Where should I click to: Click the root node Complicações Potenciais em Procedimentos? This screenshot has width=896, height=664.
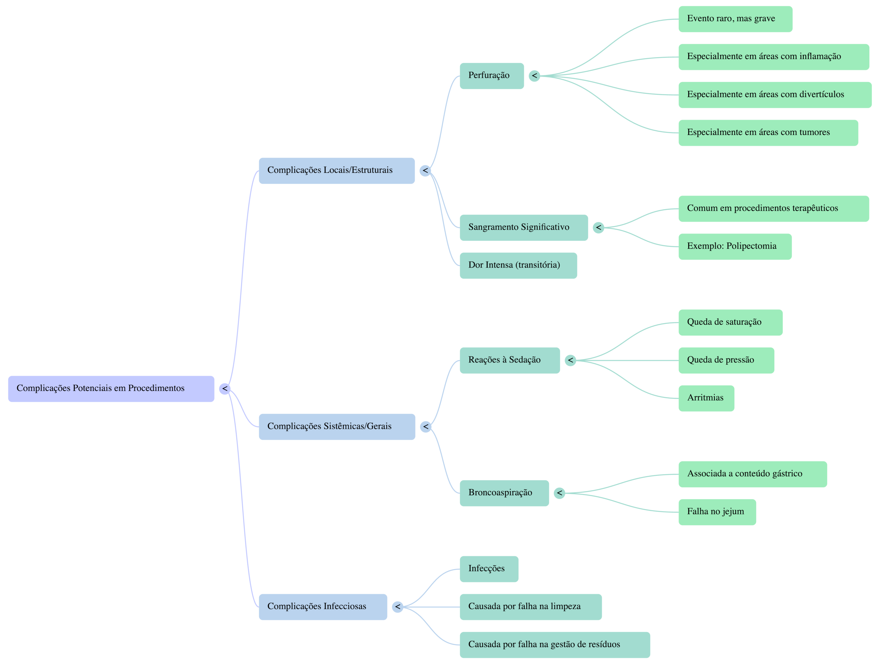(111, 389)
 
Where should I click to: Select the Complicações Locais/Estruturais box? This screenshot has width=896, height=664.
(336, 170)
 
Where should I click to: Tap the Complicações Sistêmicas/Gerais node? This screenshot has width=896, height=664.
(337, 426)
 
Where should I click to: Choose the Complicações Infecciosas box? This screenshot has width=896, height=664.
(323, 607)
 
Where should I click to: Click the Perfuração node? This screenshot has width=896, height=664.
(492, 76)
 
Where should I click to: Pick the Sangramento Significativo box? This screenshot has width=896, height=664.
(523, 227)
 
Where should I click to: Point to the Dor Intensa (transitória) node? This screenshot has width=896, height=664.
(518, 265)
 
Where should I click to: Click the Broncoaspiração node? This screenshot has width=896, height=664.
(504, 493)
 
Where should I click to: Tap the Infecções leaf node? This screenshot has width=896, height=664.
(489, 569)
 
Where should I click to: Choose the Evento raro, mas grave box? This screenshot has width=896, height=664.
(735, 19)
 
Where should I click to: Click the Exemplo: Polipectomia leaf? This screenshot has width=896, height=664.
(735, 247)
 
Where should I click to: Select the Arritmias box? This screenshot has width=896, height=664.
(706, 398)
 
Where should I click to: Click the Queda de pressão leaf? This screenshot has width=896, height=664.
(726, 360)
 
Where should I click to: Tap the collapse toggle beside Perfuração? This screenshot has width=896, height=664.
(534, 76)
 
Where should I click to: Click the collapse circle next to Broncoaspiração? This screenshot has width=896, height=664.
(559, 493)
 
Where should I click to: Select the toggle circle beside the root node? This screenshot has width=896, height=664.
(225, 389)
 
